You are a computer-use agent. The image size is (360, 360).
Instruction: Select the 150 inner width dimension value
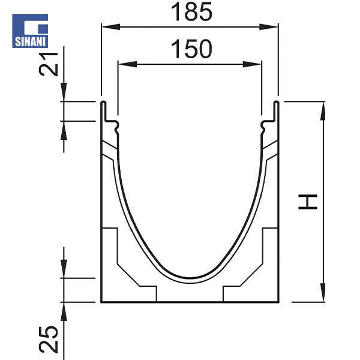point(191,50)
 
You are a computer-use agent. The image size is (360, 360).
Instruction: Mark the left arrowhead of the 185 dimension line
point(105,26)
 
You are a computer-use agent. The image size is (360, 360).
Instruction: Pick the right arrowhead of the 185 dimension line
point(274,26)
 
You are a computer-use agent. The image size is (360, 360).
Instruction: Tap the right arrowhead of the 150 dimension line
point(257,64)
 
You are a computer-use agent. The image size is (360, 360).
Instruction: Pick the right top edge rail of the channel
point(277,111)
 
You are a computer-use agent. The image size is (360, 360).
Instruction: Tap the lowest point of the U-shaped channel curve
point(190,278)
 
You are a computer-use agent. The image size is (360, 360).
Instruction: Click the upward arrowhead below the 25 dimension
point(64,307)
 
